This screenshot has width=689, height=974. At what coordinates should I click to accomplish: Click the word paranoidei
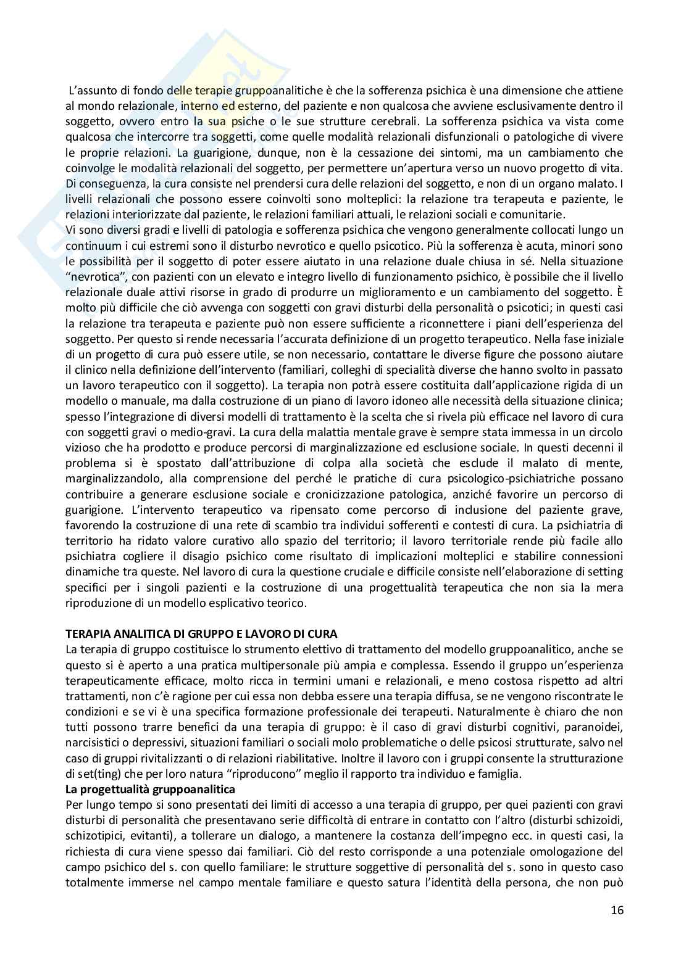click(x=594, y=727)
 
